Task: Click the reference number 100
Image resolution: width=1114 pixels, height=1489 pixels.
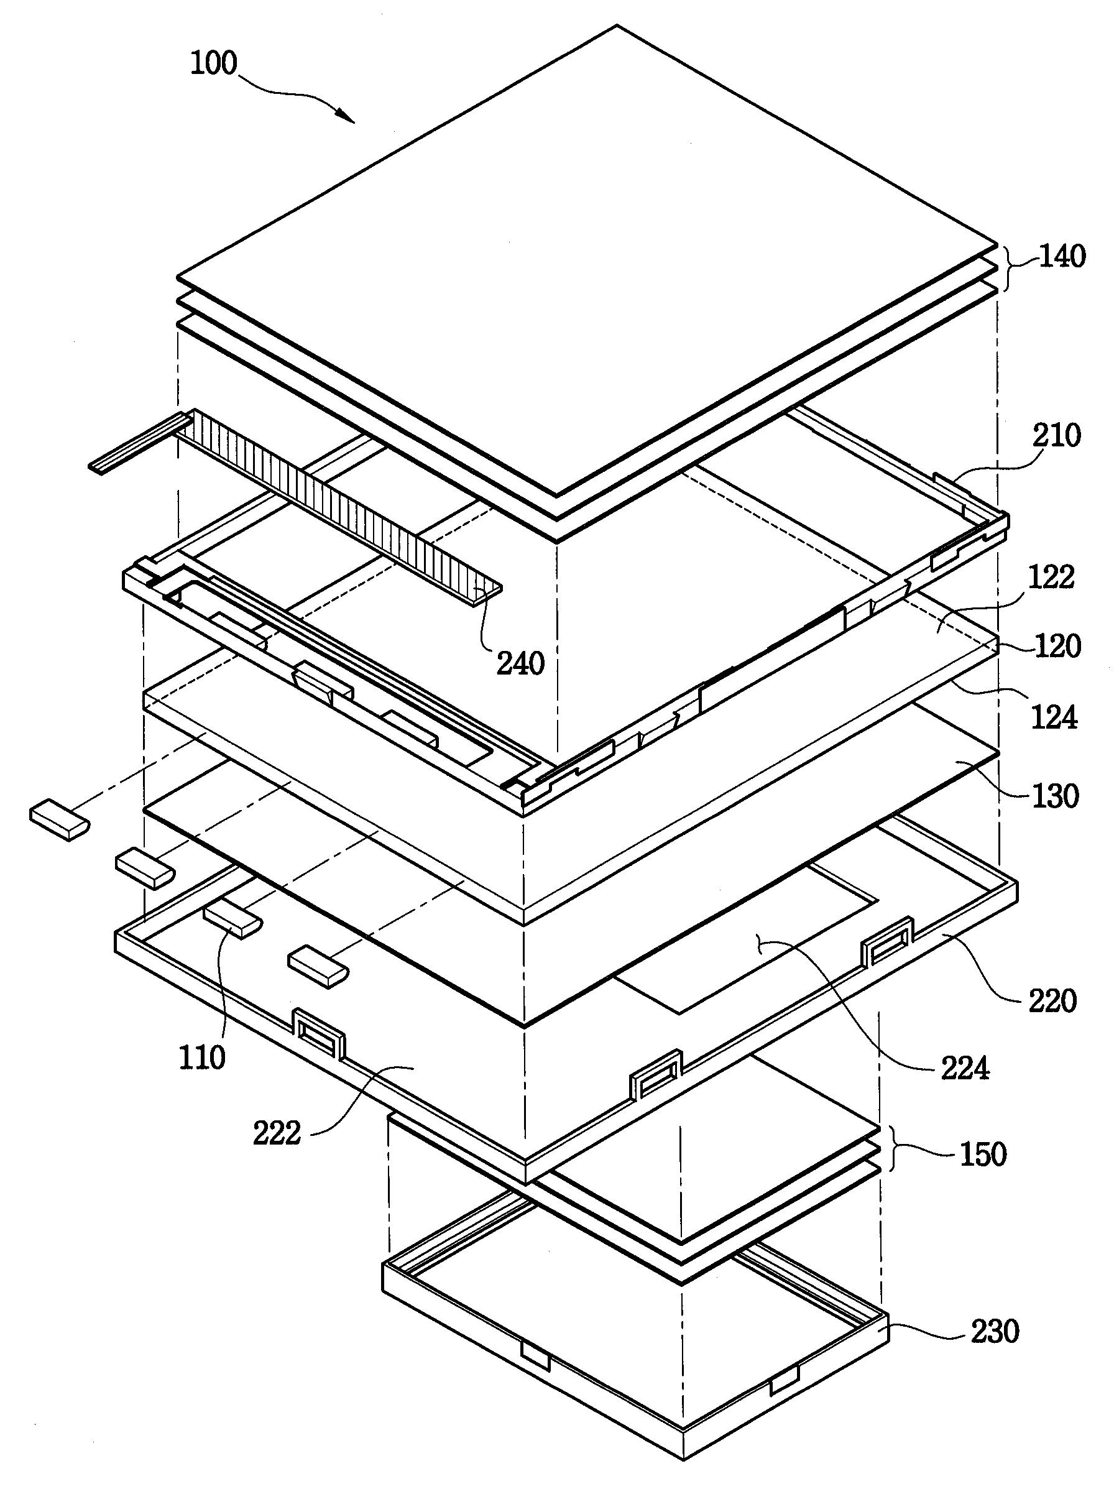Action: click(x=214, y=64)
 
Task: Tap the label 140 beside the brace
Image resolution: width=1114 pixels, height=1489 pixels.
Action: click(x=1062, y=257)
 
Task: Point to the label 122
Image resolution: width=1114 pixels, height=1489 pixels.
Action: click(x=1052, y=578)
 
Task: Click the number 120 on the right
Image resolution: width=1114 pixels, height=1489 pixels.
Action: click(x=1056, y=646)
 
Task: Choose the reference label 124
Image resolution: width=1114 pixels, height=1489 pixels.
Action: click(x=1054, y=717)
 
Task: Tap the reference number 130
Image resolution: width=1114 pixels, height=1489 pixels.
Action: click(x=1055, y=796)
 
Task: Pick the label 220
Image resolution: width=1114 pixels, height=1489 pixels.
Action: click(x=1052, y=1001)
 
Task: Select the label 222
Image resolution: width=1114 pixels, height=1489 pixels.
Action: click(x=277, y=1132)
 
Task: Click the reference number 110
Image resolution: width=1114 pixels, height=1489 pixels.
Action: click(x=202, y=1058)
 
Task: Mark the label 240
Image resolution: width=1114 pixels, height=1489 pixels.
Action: click(x=520, y=664)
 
